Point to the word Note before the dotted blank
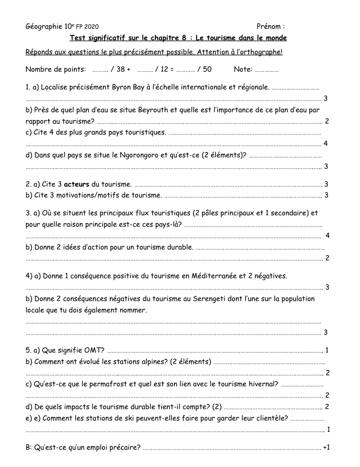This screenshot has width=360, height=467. (x=242, y=69)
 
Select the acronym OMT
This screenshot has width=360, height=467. (x=94, y=350)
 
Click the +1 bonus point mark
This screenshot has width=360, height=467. (x=326, y=447)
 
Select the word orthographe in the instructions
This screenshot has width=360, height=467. (x=262, y=52)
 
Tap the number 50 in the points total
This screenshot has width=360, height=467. (x=207, y=69)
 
